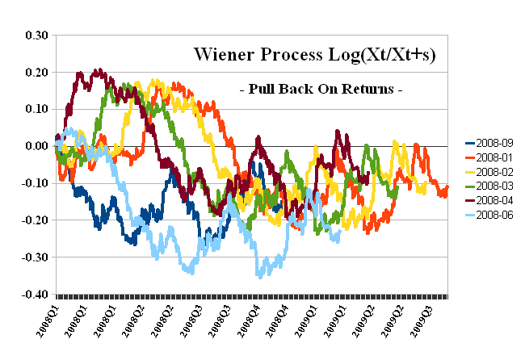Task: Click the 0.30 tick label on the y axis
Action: pyautogui.click(x=37, y=35)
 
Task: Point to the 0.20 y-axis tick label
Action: pyautogui.click(x=37, y=72)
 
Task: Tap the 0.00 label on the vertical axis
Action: pyautogui.click(x=37, y=146)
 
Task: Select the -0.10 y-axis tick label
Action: pyautogui.click(x=36, y=183)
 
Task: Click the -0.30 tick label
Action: pyautogui.click(x=36, y=257)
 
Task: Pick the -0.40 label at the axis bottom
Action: pyautogui.click(x=36, y=294)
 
